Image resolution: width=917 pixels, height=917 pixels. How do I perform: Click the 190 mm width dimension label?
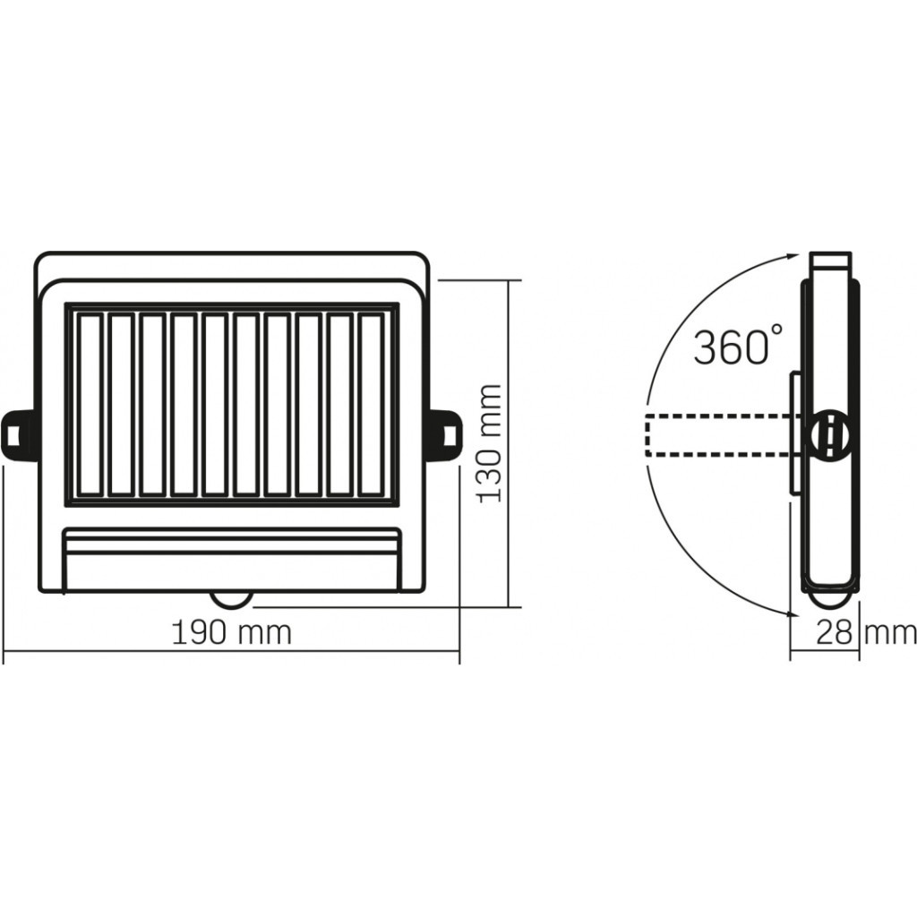[x=231, y=633]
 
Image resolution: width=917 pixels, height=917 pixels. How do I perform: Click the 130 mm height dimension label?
[x=488, y=443]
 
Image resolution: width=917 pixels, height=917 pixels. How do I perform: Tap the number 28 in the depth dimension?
[x=834, y=633]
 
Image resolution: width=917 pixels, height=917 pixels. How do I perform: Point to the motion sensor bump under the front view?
[x=231, y=598]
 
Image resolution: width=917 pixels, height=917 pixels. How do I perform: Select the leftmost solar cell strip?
[x=89, y=404]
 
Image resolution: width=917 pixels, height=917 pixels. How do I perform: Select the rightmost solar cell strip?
[x=370, y=404]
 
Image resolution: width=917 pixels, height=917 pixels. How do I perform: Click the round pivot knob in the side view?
[x=828, y=436]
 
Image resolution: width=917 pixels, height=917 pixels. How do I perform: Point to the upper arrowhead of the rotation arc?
[x=792, y=256]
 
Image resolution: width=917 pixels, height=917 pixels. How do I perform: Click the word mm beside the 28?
[x=890, y=633]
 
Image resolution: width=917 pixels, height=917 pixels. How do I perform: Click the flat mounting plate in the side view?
[x=794, y=434]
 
